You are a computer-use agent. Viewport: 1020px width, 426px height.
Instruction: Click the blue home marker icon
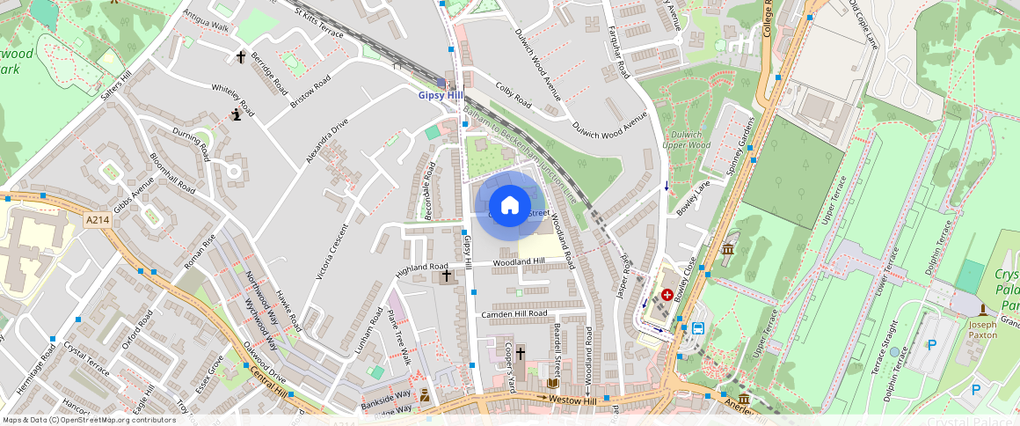pos(509,206)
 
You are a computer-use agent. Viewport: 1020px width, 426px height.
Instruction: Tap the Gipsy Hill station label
pos(440,95)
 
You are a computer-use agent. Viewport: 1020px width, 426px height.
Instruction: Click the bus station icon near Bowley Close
pos(698,328)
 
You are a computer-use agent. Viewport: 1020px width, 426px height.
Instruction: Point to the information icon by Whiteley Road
pos(236,114)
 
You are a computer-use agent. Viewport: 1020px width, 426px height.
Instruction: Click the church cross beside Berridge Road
pos(241,57)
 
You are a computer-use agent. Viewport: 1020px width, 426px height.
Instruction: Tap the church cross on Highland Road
pos(446,276)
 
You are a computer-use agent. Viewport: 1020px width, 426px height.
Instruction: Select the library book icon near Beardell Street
pos(553,384)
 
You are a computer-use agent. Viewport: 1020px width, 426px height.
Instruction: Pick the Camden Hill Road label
pos(514,314)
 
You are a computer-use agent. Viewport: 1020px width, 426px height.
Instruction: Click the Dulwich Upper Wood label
pos(686,139)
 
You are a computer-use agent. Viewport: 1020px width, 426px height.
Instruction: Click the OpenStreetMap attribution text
pos(88,420)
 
